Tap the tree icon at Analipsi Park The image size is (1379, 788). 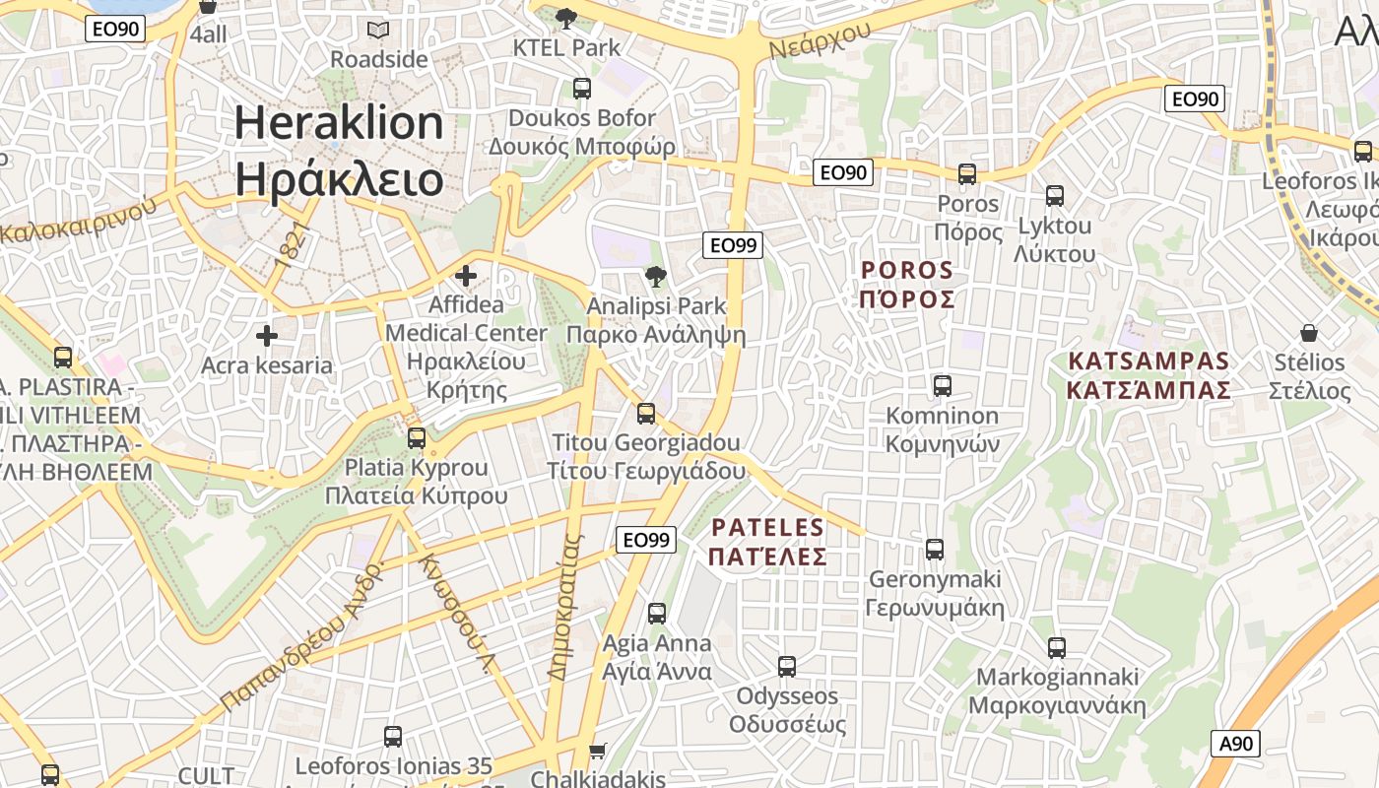(653, 277)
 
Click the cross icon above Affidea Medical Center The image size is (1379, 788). (466, 276)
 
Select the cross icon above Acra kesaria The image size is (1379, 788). (266, 337)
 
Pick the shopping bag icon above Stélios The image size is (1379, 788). (1308, 333)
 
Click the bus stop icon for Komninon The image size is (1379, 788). (943, 385)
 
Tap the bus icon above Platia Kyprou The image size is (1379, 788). (417, 437)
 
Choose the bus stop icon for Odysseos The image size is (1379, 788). (787, 667)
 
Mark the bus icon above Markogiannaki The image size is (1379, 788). (1057, 647)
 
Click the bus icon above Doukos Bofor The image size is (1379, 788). (582, 89)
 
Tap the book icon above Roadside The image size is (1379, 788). (378, 30)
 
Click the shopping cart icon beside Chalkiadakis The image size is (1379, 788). (597, 753)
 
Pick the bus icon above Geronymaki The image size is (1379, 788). (935, 549)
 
